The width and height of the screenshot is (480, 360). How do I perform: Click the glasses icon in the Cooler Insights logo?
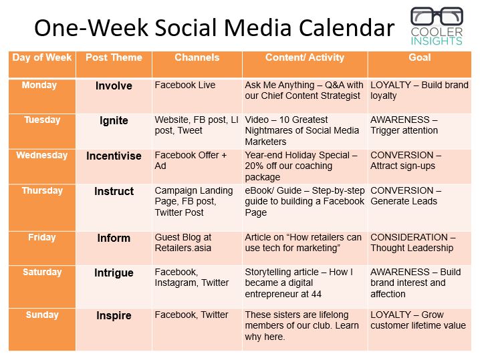pyautogui.click(x=437, y=16)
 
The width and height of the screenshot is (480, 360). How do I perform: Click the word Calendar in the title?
pyautogui.click(x=346, y=28)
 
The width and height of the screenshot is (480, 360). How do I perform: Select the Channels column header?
pyautogui.click(x=197, y=57)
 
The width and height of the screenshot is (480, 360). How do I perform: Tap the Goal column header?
pyautogui.click(x=419, y=57)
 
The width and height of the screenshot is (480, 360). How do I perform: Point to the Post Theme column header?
pyautogui.click(x=114, y=57)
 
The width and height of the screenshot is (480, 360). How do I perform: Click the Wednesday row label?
pyautogui.click(x=42, y=155)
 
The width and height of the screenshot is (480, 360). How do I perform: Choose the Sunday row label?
pyautogui.click(x=42, y=315)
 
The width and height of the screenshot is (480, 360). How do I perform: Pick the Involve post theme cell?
pyautogui.click(x=114, y=85)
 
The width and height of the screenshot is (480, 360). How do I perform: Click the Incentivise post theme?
pyautogui.click(x=114, y=156)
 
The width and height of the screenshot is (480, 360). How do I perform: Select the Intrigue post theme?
pyautogui.click(x=114, y=273)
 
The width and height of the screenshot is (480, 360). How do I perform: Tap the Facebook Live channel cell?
pyautogui.click(x=185, y=85)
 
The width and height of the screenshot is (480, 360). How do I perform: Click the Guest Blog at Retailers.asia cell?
pyautogui.click(x=183, y=242)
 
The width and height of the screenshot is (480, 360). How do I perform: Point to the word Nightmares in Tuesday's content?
pyautogui.click(x=266, y=131)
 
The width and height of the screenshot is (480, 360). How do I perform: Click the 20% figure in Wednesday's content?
pyautogui.click(x=254, y=166)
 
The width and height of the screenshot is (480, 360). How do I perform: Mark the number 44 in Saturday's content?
pyautogui.click(x=316, y=295)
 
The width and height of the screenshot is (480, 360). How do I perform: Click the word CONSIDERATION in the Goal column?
pyautogui.click(x=409, y=237)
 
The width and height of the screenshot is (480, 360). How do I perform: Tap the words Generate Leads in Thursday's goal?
pyautogui.click(x=404, y=201)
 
